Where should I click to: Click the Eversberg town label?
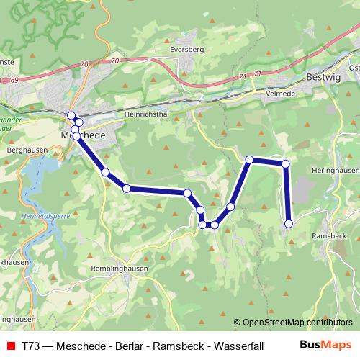(x=189, y=50)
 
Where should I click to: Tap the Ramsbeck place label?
(x=329, y=235)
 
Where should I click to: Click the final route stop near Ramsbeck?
(x=289, y=224)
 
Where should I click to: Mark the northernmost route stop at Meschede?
(x=71, y=115)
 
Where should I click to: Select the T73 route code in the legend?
(x=31, y=345)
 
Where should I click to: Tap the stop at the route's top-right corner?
(x=285, y=163)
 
